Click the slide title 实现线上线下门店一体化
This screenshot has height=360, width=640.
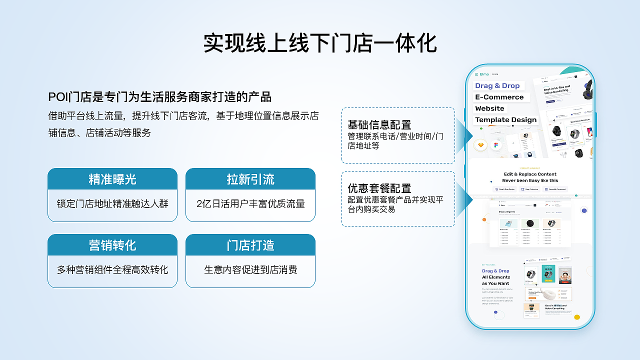tap(320, 43)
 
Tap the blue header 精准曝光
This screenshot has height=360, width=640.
tap(112, 179)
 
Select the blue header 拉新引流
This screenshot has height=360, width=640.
tap(250, 179)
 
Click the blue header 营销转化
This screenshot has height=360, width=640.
tap(112, 245)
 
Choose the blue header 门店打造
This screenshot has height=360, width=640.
tap(250, 245)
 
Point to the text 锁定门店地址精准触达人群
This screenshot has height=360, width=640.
tap(112, 204)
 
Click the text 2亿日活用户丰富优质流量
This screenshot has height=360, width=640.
tap(250, 204)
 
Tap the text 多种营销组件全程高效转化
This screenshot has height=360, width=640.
tap(112, 270)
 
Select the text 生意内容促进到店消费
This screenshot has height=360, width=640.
tap(250, 270)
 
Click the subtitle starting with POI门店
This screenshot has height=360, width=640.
tap(160, 97)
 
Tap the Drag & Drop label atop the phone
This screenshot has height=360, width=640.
tap(497, 86)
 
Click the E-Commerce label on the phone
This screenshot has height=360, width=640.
tap(499, 97)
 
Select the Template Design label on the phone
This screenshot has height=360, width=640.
tap(505, 120)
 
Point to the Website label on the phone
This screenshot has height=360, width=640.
tap(489, 108)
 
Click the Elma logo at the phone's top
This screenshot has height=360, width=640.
tap(482, 74)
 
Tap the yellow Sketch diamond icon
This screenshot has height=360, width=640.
tap(481, 145)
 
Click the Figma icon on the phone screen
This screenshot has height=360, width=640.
tap(496, 145)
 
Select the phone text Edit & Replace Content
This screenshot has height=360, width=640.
tap(530, 174)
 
